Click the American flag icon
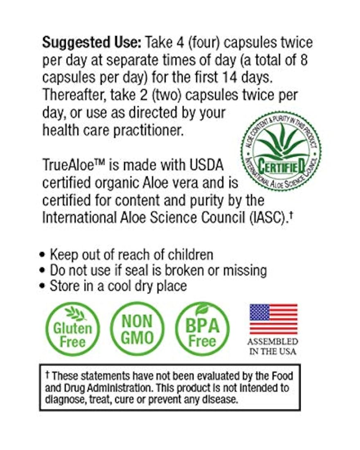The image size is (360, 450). [273, 319]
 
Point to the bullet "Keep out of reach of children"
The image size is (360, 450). [131, 254]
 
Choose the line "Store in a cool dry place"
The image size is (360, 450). [118, 285]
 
